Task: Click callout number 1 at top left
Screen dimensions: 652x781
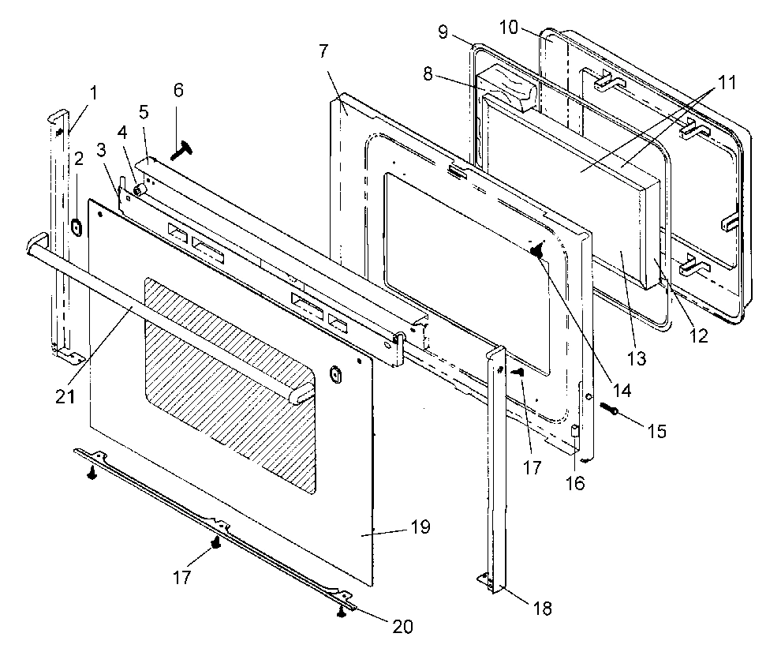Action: click(x=94, y=92)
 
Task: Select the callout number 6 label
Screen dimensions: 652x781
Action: click(x=178, y=90)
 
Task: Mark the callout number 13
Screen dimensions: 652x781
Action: click(x=637, y=358)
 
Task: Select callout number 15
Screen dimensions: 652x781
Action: click(x=656, y=432)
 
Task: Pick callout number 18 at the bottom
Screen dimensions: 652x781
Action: click(x=543, y=608)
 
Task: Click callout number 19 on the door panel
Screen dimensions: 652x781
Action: click(x=420, y=527)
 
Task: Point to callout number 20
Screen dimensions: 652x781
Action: click(x=402, y=628)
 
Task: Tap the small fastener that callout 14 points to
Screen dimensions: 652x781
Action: click(x=536, y=250)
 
